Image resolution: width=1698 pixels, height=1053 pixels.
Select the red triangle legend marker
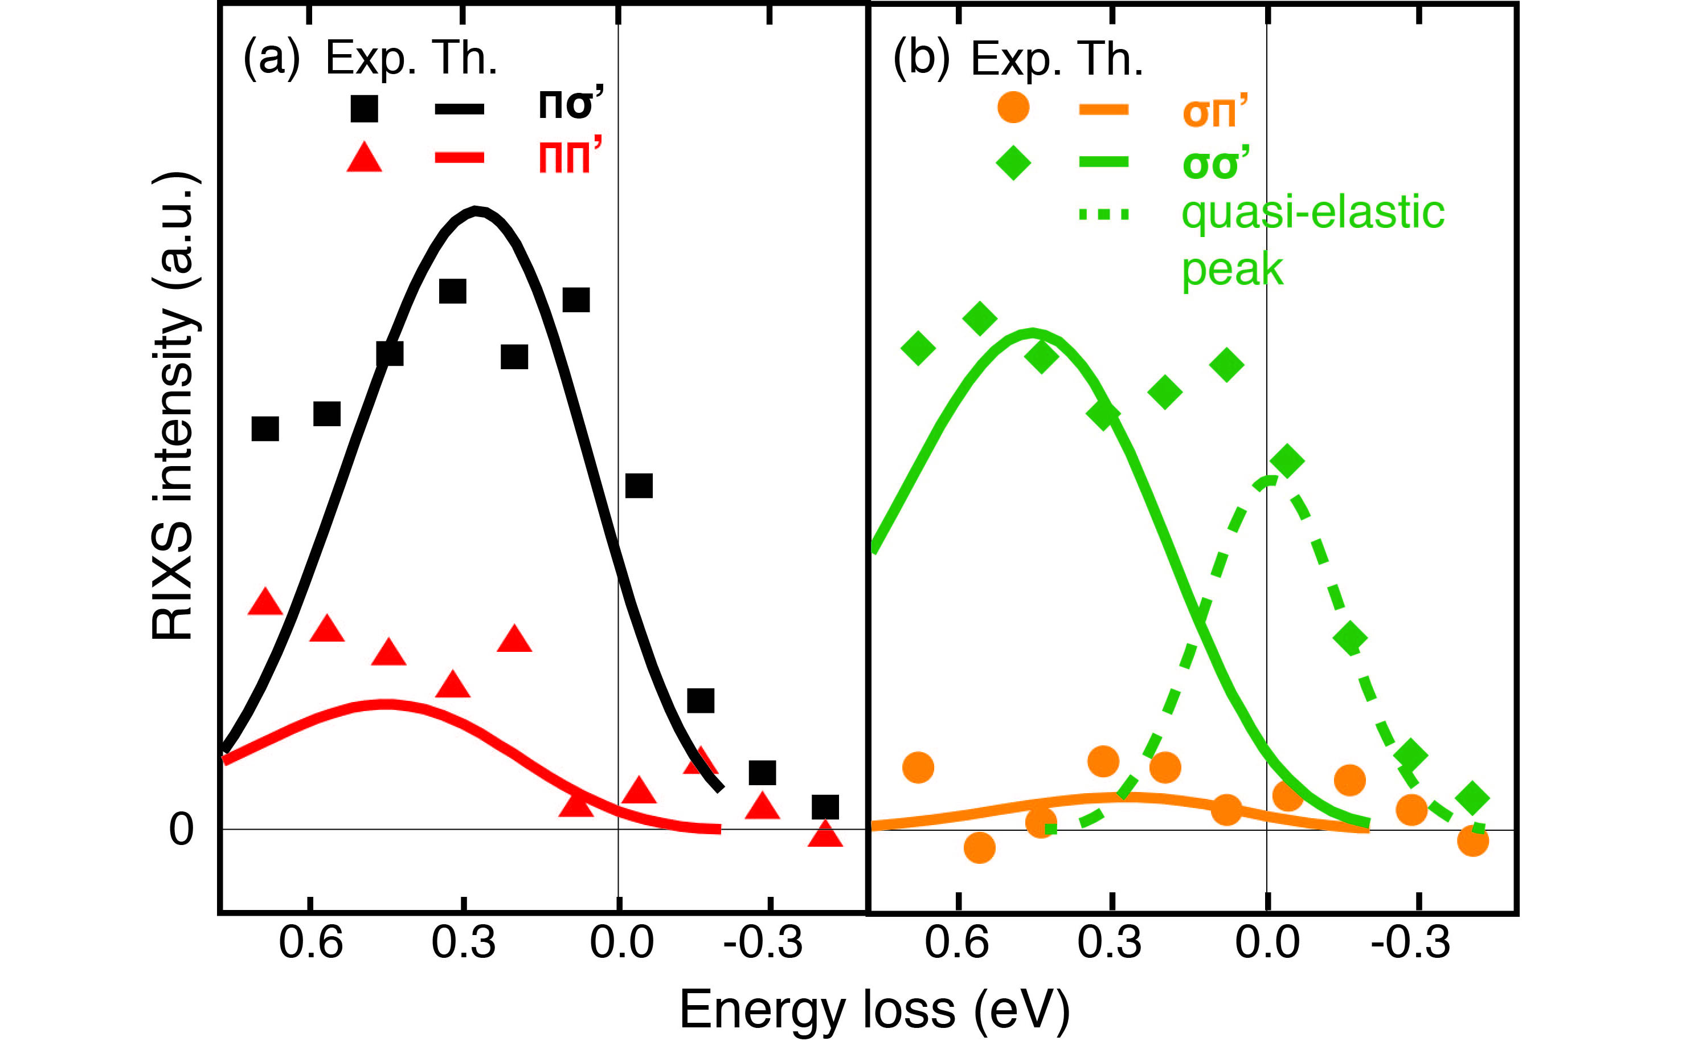pos(364,157)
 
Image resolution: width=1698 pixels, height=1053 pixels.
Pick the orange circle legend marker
pos(1013,108)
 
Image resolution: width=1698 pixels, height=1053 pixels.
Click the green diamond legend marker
pos(1013,163)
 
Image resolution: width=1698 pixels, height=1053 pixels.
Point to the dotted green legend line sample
pos(1103,214)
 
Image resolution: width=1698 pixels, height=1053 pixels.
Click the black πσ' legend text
pos(570,104)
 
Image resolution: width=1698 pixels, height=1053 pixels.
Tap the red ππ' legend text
pos(570,156)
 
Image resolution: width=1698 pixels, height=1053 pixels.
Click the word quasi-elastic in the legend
pos(1312,213)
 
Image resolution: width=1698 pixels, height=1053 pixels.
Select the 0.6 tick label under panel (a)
pos(310,943)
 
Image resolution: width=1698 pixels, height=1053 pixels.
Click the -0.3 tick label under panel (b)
pos(1410,943)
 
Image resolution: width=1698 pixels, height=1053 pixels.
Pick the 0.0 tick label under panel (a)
pos(621,943)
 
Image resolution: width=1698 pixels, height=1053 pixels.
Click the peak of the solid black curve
pos(476,210)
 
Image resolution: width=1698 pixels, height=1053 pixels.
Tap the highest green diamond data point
pos(980,319)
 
